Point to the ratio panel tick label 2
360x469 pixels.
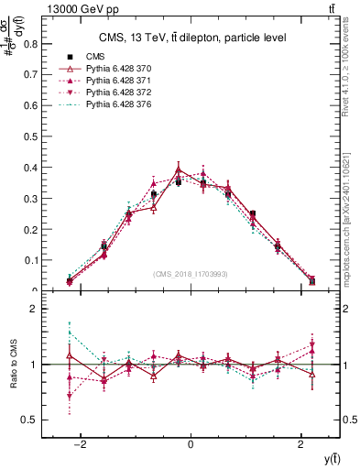[37, 309]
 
